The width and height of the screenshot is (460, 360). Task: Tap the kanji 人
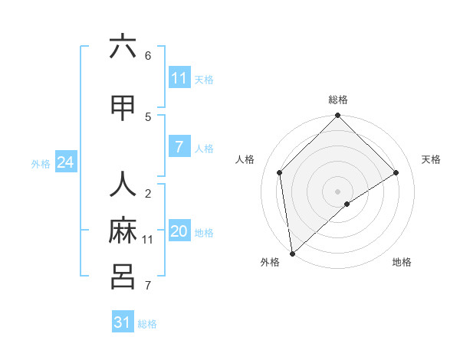point(123,186)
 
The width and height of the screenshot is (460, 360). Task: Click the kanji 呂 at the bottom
point(123,276)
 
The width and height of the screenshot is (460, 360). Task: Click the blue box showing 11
point(179,78)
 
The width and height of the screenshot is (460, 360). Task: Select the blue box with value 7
point(179,147)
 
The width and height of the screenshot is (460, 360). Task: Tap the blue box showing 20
point(179,232)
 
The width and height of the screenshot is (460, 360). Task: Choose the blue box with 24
point(65,162)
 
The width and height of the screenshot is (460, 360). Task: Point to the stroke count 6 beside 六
point(148,55)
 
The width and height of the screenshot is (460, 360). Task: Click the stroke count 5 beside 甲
point(148,116)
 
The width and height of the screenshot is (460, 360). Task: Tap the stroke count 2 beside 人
point(148,194)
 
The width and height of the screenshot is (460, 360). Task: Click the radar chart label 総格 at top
point(337,100)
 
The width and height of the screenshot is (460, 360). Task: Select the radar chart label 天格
point(432,159)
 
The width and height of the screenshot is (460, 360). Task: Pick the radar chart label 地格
point(402,262)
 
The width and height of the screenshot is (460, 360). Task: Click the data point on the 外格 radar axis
point(291,253)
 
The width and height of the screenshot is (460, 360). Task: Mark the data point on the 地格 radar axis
point(347,204)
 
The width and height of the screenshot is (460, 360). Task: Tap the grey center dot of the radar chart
point(337,191)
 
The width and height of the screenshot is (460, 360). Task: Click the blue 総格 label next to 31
point(147,324)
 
